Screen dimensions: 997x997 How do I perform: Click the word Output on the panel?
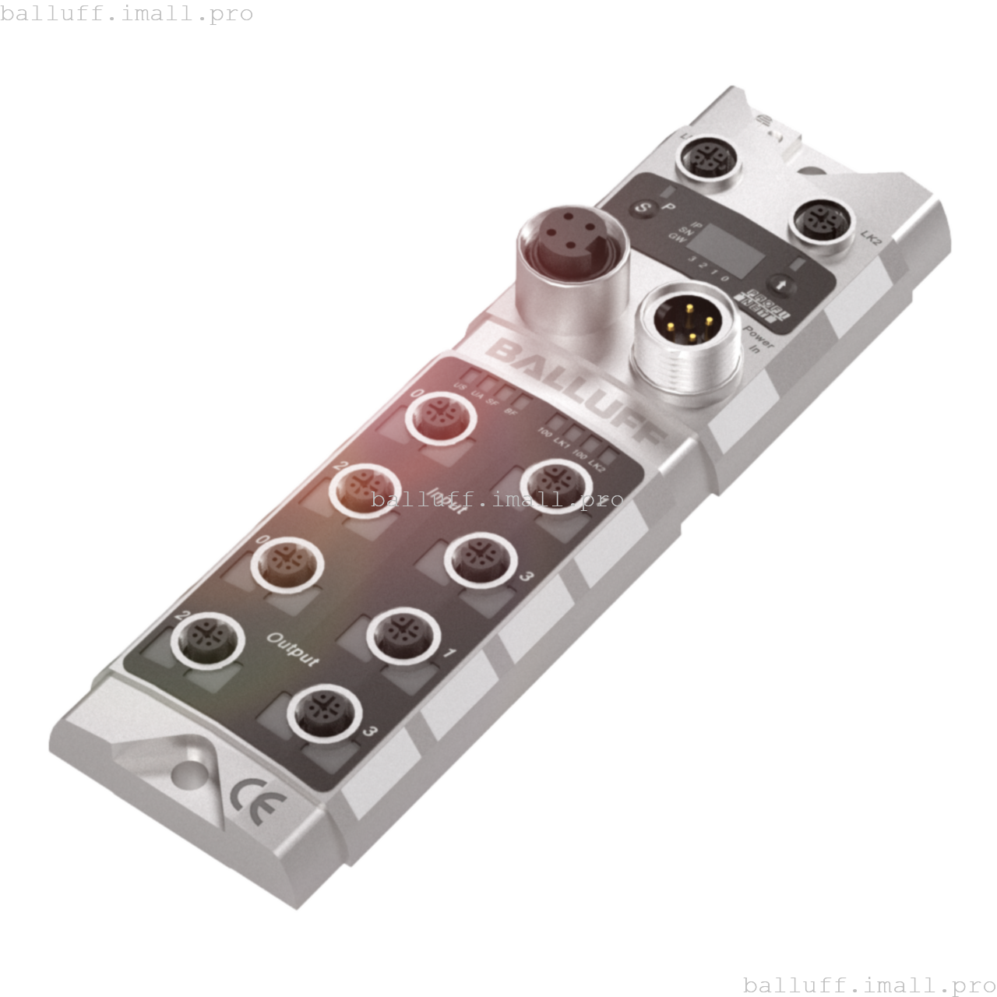coord(293,650)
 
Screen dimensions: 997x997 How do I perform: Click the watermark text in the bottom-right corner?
coord(869,985)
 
